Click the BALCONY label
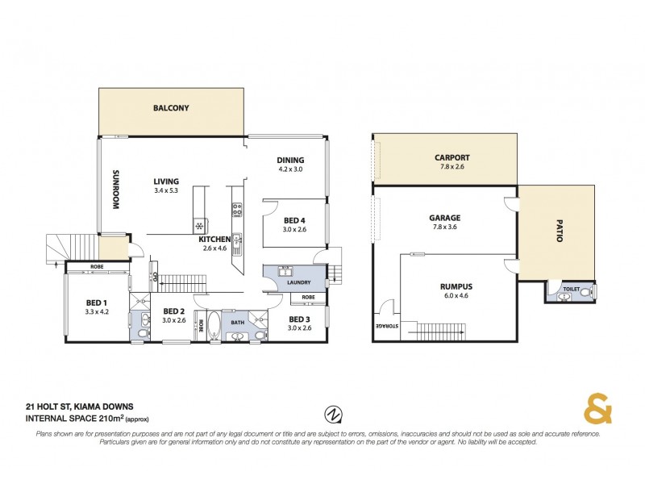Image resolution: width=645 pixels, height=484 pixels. tap(171, 108)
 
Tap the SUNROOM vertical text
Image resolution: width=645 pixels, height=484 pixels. tap(116, 190)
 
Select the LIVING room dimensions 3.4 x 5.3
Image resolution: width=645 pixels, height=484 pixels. tap(167, 191)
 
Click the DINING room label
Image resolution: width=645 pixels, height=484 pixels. tap(289, 161)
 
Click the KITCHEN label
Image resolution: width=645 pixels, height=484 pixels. tap(215, 240)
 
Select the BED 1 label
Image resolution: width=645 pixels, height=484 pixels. tap(98, 303)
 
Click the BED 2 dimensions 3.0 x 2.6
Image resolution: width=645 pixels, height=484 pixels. tap(175, 320)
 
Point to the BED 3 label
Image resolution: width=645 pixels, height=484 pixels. tap(301, 319)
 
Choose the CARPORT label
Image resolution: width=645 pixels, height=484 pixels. tap(451, 158)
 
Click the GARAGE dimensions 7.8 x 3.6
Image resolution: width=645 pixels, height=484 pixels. tap(445, 227)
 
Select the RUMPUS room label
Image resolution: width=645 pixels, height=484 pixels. tap(456, 286)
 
